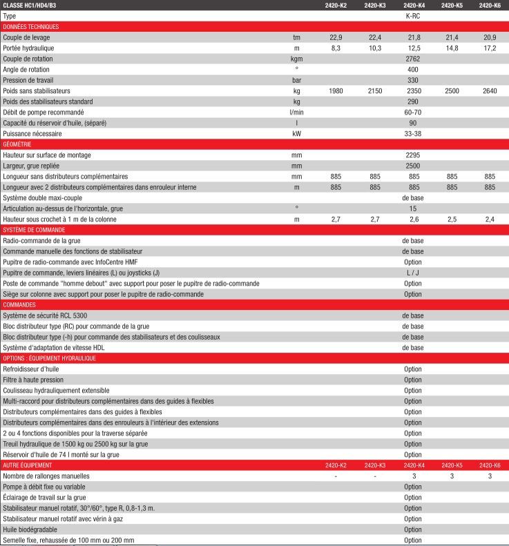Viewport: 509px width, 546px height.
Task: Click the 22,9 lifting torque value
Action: (x=336, y=37)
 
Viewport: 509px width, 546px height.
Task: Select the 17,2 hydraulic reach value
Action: (x=489, y=48)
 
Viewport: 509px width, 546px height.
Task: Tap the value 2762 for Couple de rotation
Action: (x=413, y=59)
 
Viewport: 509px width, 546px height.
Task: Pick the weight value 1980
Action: (x=336, y=90)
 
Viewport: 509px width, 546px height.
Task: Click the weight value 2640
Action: (x=489, y=90)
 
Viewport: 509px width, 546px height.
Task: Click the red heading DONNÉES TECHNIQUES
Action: (x=31, y=26)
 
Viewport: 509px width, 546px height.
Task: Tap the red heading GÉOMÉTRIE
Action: (x=17, y=144)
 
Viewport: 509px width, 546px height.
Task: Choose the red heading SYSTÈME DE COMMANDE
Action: (x=34, y=229)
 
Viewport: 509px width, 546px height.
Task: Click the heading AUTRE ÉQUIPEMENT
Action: (x=28, y=465)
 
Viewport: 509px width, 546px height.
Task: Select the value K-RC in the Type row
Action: (x=413, y=15)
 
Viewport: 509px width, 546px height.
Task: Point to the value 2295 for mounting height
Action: (x=413, y=155)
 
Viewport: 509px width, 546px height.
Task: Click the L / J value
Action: (x=413, y=272)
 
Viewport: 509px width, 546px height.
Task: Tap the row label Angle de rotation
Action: (x=29, y=69)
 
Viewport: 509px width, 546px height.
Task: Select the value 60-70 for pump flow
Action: (x=413, y=112)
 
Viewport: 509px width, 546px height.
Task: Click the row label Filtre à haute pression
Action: (x=33, y=380)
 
